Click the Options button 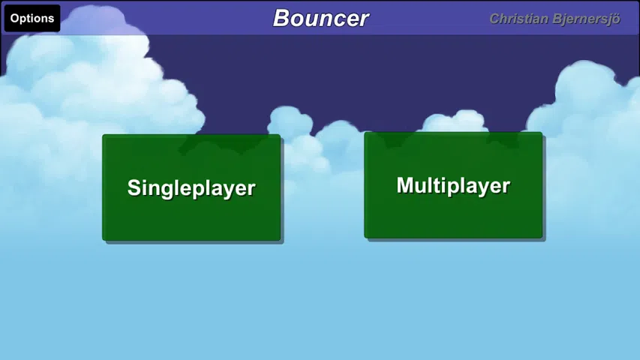(32, 18)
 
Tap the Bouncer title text (321, 18)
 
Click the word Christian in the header (518, 19)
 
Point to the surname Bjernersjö (587, 19)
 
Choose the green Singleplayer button (191, 187)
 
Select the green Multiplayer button (453, 185)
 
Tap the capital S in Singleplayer (134, 187)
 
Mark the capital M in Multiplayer (405, 185)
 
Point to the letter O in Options (15, 18)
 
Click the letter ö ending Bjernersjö (616, 19)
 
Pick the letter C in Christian (494, 19)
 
